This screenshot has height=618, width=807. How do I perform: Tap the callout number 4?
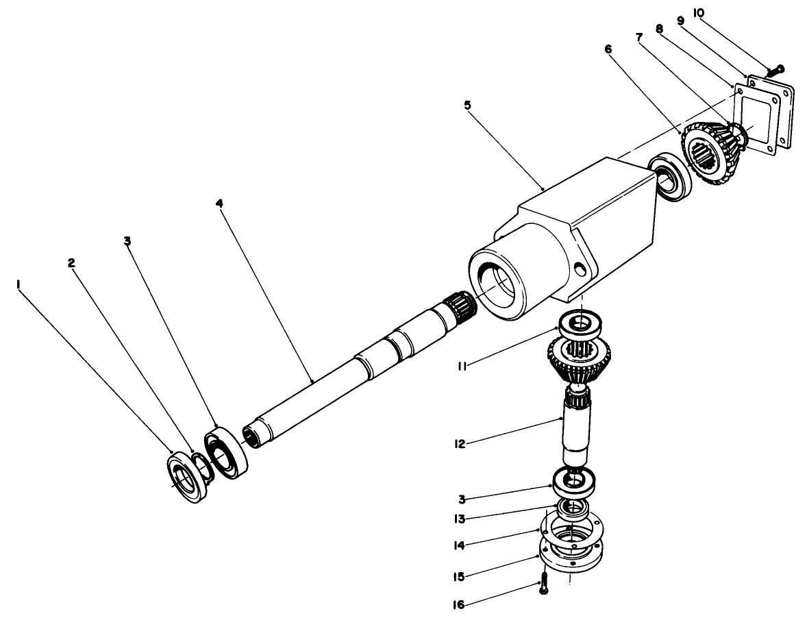pyautogui.click(x=219, y=203)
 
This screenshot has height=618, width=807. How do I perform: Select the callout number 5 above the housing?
pyautogui.click(x=467, y=106)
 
